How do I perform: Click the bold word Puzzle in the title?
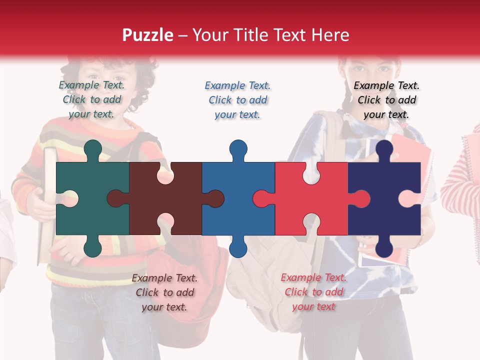pos(147,35)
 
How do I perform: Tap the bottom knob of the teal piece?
pos(93,247)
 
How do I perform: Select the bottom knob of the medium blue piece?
pos(238,247)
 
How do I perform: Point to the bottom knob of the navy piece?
pos(384,247)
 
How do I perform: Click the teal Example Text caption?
pos(92,99)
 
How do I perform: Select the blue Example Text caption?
pos(238,100)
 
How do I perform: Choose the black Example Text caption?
pos(386,100)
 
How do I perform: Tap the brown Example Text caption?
pos(164,292)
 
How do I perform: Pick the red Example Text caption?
pos(313,292)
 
